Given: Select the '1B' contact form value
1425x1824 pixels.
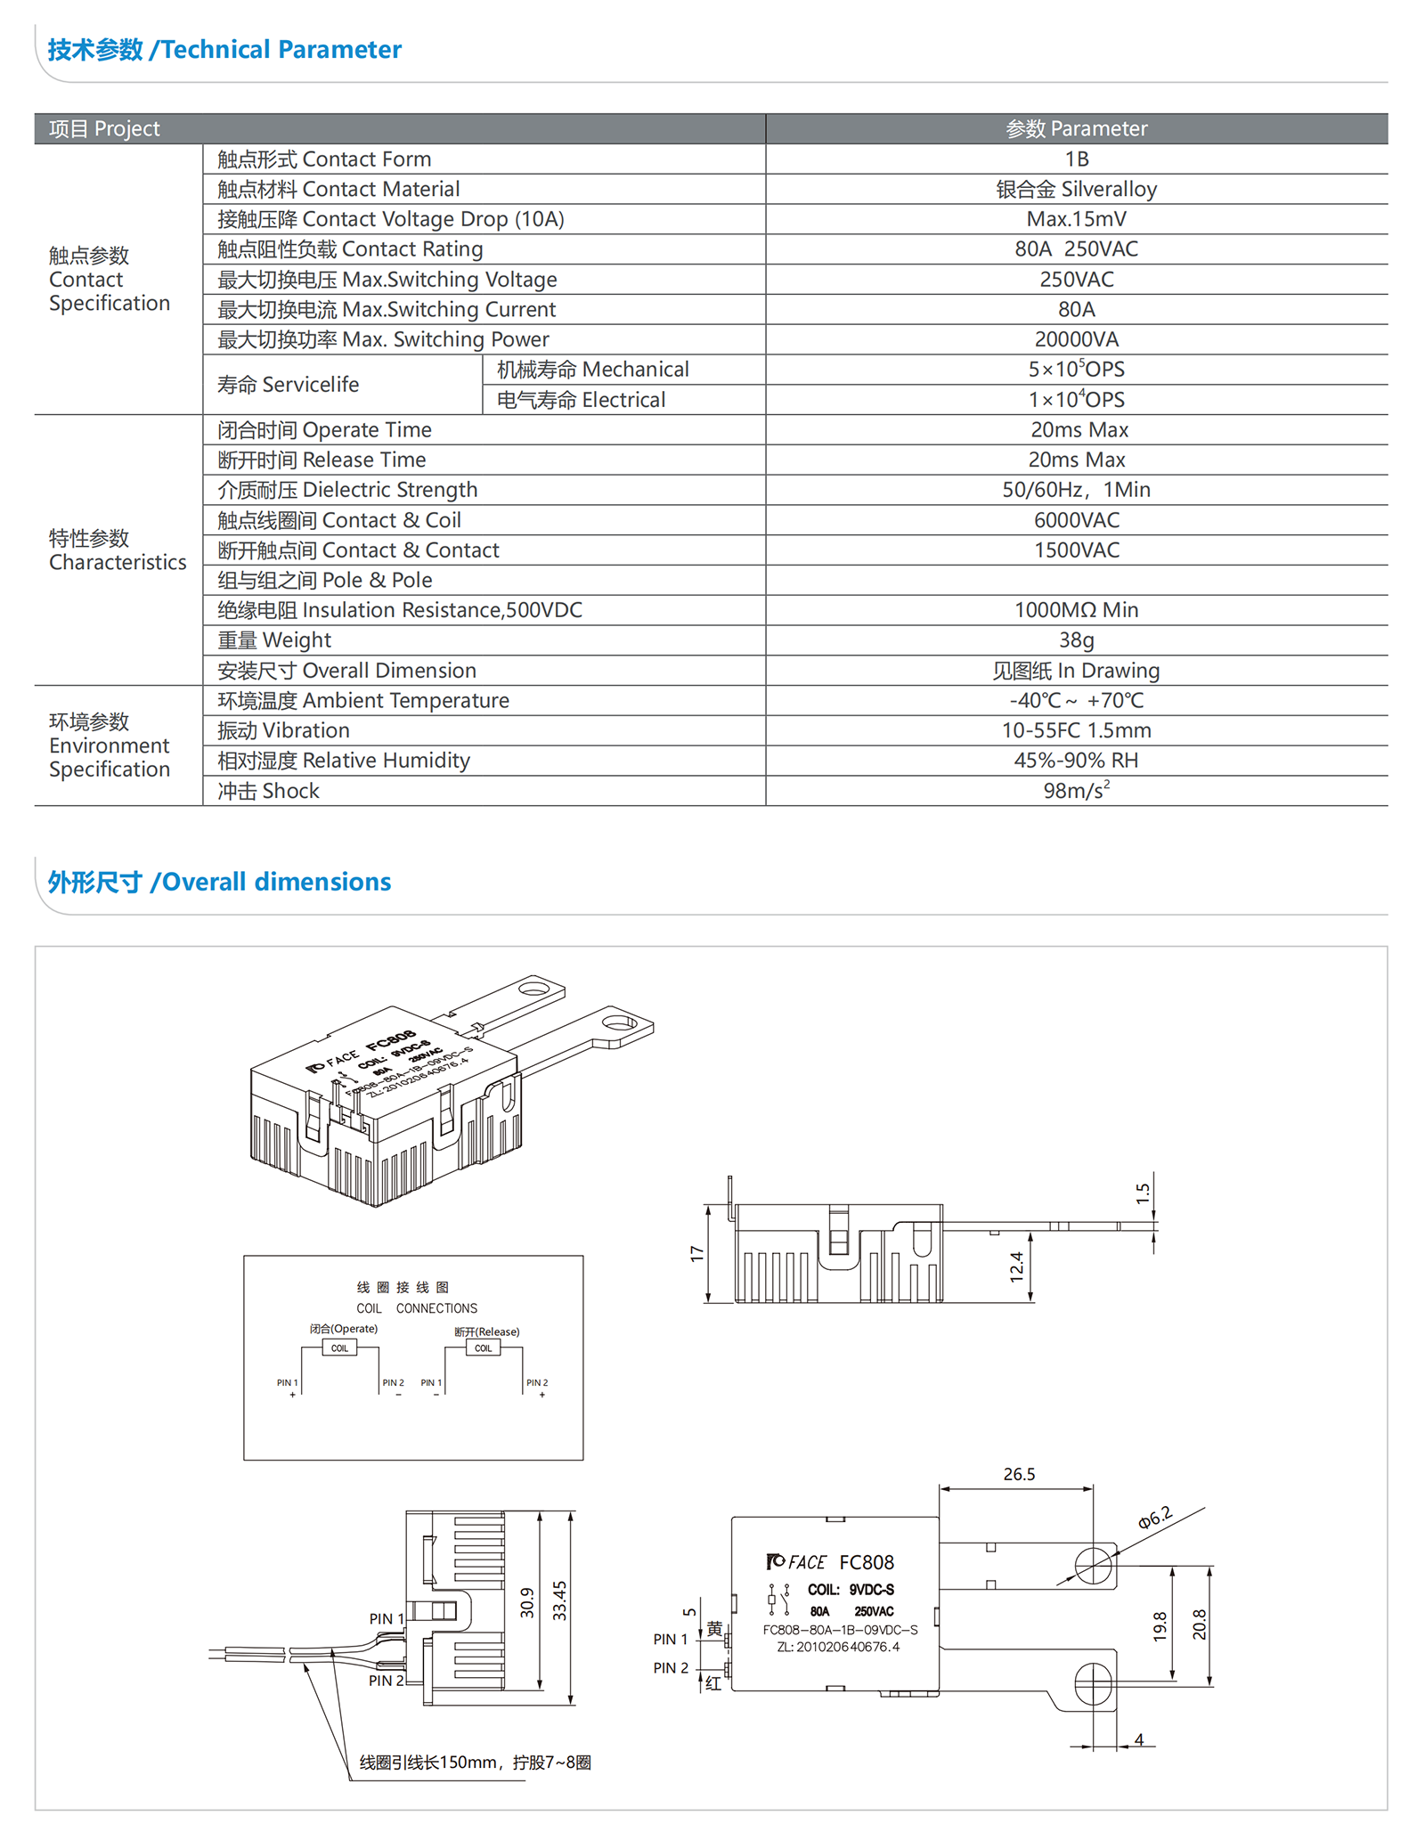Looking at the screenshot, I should point(1076,159).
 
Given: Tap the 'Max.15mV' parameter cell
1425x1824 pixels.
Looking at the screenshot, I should point(1076,219).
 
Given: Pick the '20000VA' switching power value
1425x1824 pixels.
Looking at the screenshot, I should point(1076,339).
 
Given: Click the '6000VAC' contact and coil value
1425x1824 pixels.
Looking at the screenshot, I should point(1076,520).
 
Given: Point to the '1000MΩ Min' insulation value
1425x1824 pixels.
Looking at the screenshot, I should point(1076,610).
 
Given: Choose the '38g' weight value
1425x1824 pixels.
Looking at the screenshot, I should point(1076,640).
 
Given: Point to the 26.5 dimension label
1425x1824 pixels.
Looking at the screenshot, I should point(1019,1474).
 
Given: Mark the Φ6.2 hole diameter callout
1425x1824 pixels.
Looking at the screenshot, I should point(1154,1519).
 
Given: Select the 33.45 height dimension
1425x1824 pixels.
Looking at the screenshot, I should point(559,1600).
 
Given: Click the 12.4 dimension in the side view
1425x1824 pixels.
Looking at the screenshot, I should point(1016,1266).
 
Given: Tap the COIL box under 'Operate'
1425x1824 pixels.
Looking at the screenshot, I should point(339,1348).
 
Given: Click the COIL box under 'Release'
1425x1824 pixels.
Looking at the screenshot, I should point(483,1348).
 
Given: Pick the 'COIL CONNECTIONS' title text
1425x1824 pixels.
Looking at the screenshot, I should point(417,1308).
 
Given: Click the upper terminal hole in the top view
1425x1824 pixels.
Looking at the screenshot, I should point(1093,1566).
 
